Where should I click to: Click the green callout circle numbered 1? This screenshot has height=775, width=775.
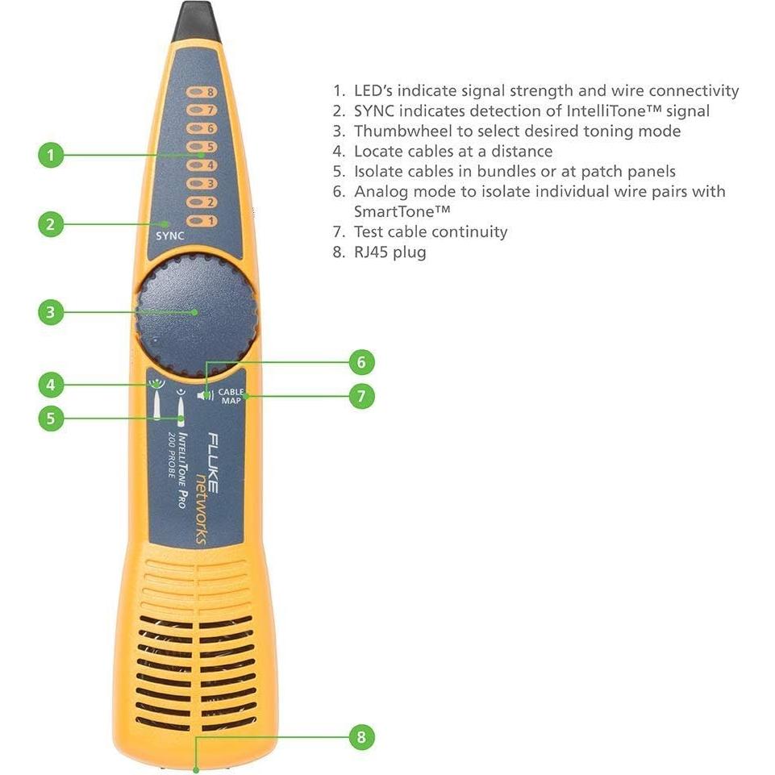pyautogui.click(x=51, y=155)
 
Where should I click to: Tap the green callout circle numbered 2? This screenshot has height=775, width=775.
pyautogui.click(x=51, y=224)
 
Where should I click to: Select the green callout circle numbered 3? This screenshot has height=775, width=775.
pyautogui.click(x=51, y=312)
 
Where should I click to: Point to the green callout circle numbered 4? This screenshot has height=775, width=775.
pyautogui.click(x=51, y=385)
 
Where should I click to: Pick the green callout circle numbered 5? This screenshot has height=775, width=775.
pyautogui.click(x=51, y=418)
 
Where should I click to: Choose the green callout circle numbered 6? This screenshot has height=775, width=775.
pyautogui.click(x=361, y=363)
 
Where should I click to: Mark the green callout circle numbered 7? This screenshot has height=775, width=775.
pyautogui.click(x=361, y=396)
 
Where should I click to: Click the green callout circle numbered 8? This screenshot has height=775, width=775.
pyautogui.click(x=361, y=736)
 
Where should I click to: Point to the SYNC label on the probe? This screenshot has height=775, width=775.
pyautogui.click(x=170, y=235)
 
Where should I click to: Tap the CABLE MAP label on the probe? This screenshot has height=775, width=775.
pyautogui.click(x=231, y=396)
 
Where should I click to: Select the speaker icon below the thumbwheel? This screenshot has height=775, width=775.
pyautogui.click(x=207, y=395)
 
